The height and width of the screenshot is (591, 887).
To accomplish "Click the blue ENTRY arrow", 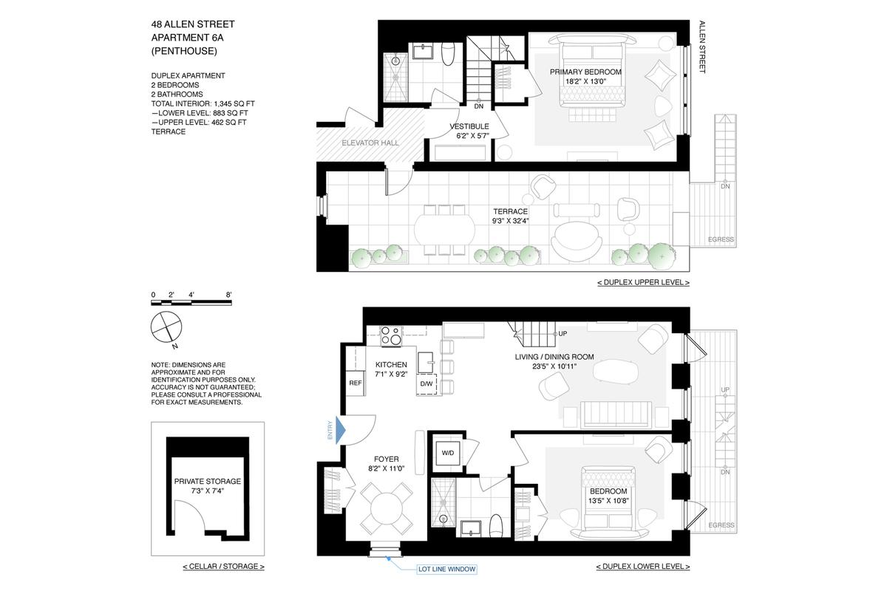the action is (341, 430).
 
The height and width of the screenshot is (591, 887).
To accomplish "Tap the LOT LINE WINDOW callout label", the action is (446, 570).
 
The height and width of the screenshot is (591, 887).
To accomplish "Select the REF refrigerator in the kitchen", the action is (356, 383).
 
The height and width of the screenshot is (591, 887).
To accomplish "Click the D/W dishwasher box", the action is (426, 383).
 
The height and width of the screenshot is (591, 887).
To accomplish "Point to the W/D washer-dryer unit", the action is (447, 453).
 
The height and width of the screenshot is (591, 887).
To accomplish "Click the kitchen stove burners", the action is (391, 336).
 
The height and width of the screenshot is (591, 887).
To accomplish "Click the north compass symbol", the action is (166, 327).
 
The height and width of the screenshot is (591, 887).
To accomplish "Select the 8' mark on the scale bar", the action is (228, 295).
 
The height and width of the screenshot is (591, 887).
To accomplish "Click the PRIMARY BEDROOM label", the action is (585, 72).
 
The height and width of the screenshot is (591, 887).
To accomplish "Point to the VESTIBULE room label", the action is (469, 126).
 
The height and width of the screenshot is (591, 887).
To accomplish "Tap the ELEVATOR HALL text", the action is (370, 143).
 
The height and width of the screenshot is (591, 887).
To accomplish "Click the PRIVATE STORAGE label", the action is (208, 482).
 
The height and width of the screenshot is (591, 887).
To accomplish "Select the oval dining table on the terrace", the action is (444, 230).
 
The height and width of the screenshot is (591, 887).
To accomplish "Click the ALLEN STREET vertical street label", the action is (702, 47).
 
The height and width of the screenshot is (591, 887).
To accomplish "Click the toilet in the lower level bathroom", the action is (496, 526).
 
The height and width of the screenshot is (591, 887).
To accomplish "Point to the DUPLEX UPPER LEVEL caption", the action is (644, 282).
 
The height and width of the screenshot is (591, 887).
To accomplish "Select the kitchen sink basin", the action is (425, 362).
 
